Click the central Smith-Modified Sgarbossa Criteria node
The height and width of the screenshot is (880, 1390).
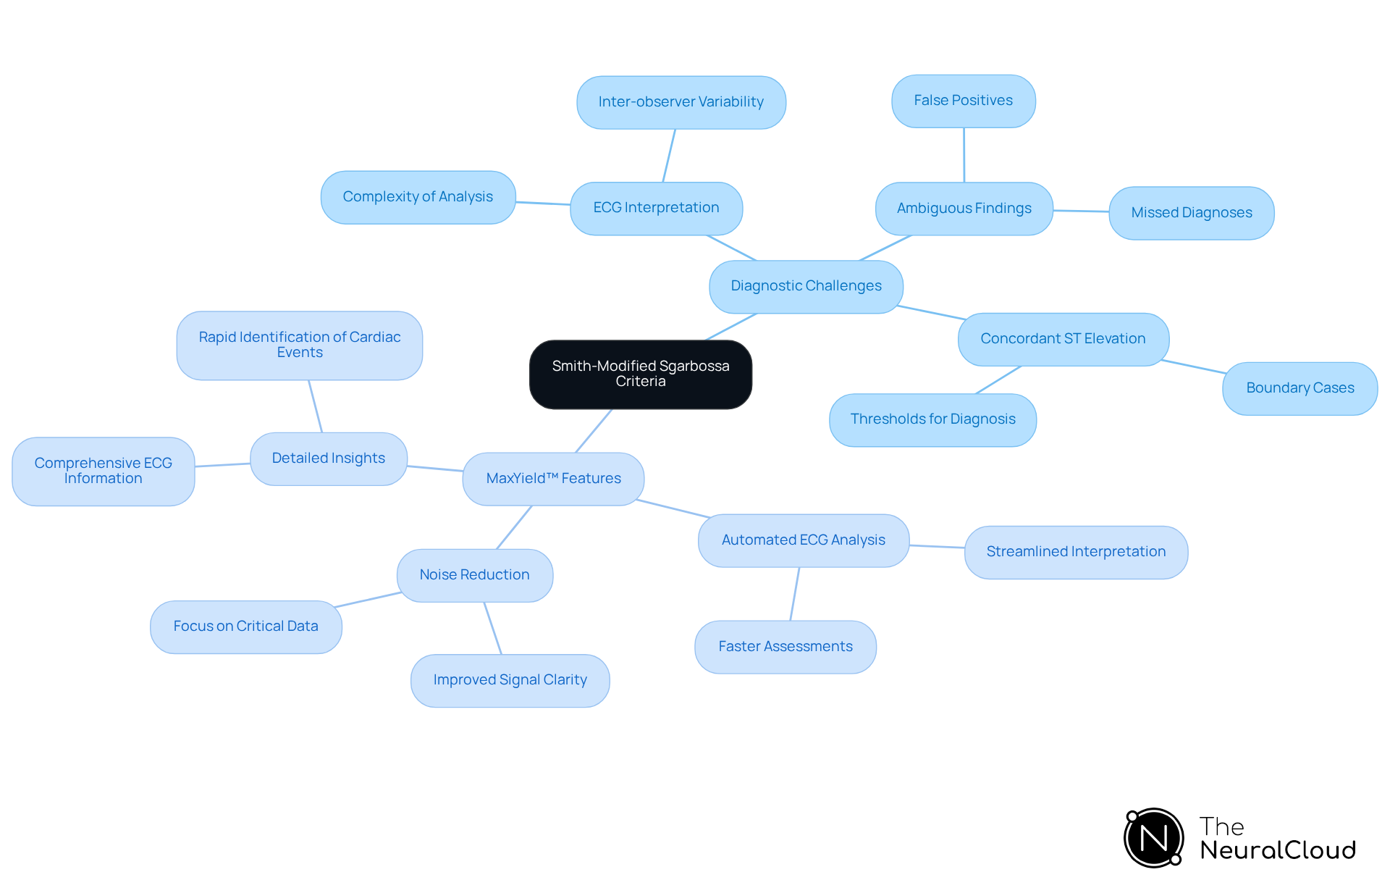tap(640, 374)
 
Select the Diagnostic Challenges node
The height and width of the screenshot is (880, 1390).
tap(806, 286)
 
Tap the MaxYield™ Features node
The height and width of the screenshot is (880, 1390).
tap(553, 479)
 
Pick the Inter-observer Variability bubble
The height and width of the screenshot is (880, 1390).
tap(681, 102)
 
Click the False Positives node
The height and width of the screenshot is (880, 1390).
tap(963, 101)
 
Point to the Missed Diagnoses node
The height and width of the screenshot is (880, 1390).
tap(1191, 213)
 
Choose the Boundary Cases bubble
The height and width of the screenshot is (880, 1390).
tap(1300, 388)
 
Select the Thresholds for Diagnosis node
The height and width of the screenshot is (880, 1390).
tap(932, 419)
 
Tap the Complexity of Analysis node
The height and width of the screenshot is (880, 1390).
tap(418, 197)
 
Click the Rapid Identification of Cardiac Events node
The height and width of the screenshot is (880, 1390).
tap(299, 345)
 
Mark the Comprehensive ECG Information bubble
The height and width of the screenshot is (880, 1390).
tap(103, 471)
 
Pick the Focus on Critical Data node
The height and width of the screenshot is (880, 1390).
tap(245, 627)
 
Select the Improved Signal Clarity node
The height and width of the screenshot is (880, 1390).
tap(510, 680)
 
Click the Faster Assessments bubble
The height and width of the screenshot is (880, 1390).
tap(785, 647)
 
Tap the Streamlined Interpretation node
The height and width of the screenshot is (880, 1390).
tap(1076, 552)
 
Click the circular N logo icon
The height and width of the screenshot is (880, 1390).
tap(1153, 838)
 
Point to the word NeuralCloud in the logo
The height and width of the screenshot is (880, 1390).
tap(1278, 850)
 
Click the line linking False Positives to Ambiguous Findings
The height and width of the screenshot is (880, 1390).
tap(964, 155)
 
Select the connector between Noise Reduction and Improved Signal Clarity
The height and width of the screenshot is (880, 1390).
tap(493, 628)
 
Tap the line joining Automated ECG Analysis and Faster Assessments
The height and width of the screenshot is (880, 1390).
tap(795, 594)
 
